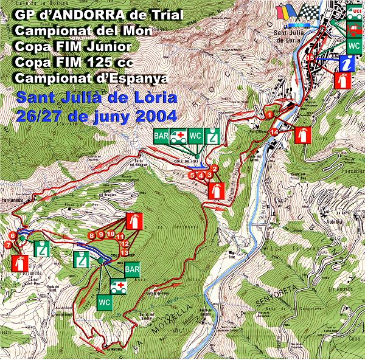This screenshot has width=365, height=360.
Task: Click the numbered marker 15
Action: [310, 58]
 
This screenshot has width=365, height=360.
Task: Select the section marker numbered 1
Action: [269, 114]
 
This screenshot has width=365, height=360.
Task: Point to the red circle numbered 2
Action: [215, 168]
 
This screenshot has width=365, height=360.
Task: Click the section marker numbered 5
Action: [192, 175]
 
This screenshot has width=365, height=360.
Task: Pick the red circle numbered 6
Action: [12, 236]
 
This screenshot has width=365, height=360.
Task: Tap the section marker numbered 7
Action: [7, 244]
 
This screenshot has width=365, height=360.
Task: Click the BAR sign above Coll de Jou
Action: [161, 136]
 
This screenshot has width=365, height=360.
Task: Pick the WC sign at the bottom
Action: [104, 301]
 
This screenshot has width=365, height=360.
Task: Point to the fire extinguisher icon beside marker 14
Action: [302, 135]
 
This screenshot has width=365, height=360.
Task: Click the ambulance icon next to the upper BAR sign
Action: [179, 136]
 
